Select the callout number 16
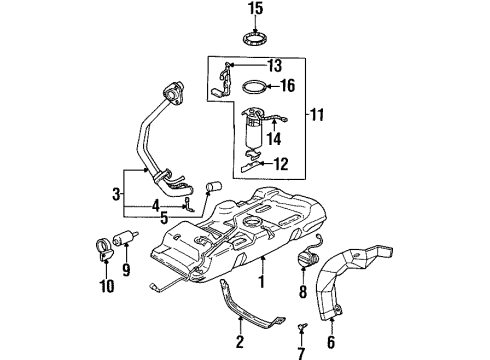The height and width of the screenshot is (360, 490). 286,87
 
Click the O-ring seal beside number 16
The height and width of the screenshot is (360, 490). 254,87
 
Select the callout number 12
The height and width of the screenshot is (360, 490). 281,163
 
